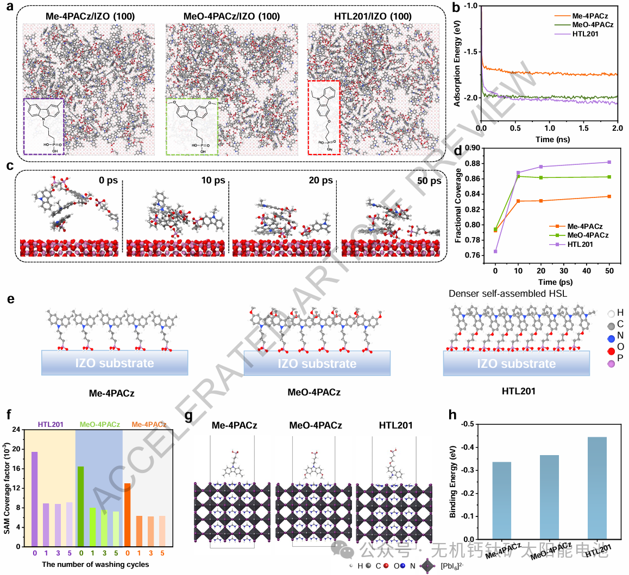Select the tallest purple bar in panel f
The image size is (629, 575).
click(x=34, y=499)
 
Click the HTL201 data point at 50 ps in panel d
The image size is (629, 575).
click(x=609, y=162)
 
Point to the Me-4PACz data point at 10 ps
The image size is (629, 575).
click(x=518, y=201)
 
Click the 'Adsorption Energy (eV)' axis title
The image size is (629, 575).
click(x=457, y=68)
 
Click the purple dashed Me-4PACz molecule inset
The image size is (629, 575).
click(x=43, y=127)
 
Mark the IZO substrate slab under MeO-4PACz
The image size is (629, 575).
click(x=317, y=363)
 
